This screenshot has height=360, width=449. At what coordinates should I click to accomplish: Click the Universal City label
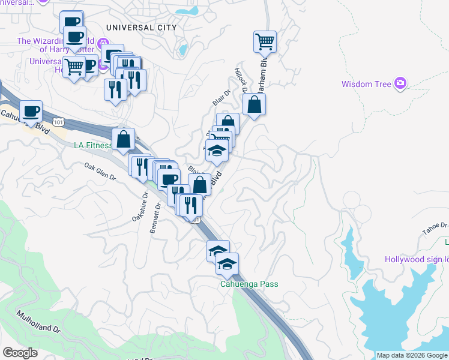[141, 28]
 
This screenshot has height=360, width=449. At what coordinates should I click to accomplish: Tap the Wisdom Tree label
[366, 84]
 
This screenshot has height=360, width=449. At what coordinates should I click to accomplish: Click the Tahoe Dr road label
[435, 229]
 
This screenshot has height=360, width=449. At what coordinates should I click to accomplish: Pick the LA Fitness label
[93, 145]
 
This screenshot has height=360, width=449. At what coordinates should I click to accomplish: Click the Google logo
[20, 353]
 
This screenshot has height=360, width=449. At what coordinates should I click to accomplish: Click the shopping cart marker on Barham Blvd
[265, 42]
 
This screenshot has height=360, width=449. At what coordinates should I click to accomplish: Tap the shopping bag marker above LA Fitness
[123, 139]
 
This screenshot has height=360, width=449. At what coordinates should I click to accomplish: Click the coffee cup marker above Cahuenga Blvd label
[31, 111]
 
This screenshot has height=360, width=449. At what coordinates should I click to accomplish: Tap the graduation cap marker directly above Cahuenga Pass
[227, 263]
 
